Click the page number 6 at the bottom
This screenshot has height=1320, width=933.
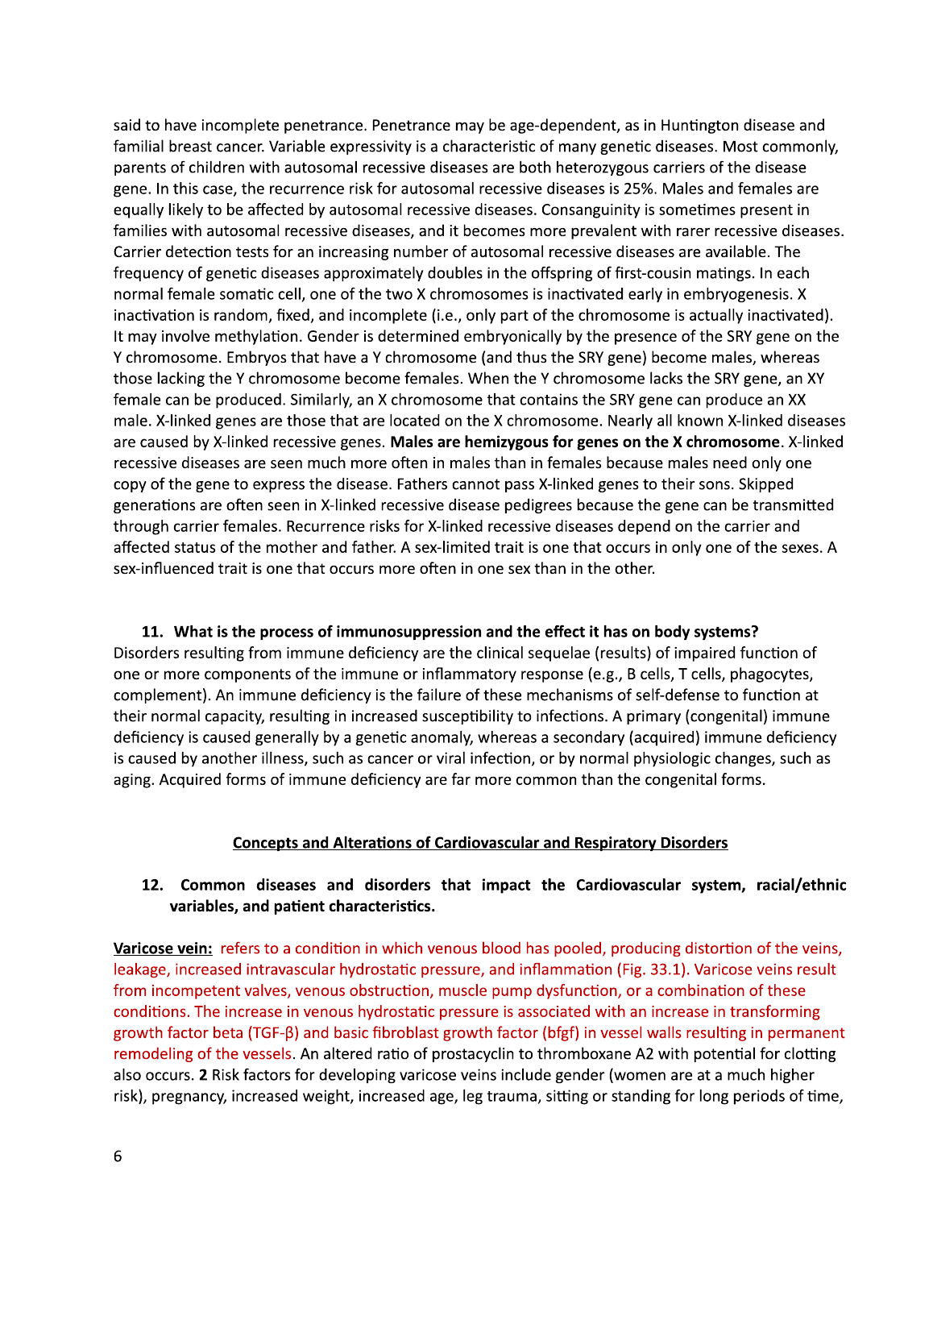click(x=118, y=1156)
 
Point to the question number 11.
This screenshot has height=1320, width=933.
click(x=152, y=631)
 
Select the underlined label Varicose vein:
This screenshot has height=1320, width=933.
click(x=163, y=948)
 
